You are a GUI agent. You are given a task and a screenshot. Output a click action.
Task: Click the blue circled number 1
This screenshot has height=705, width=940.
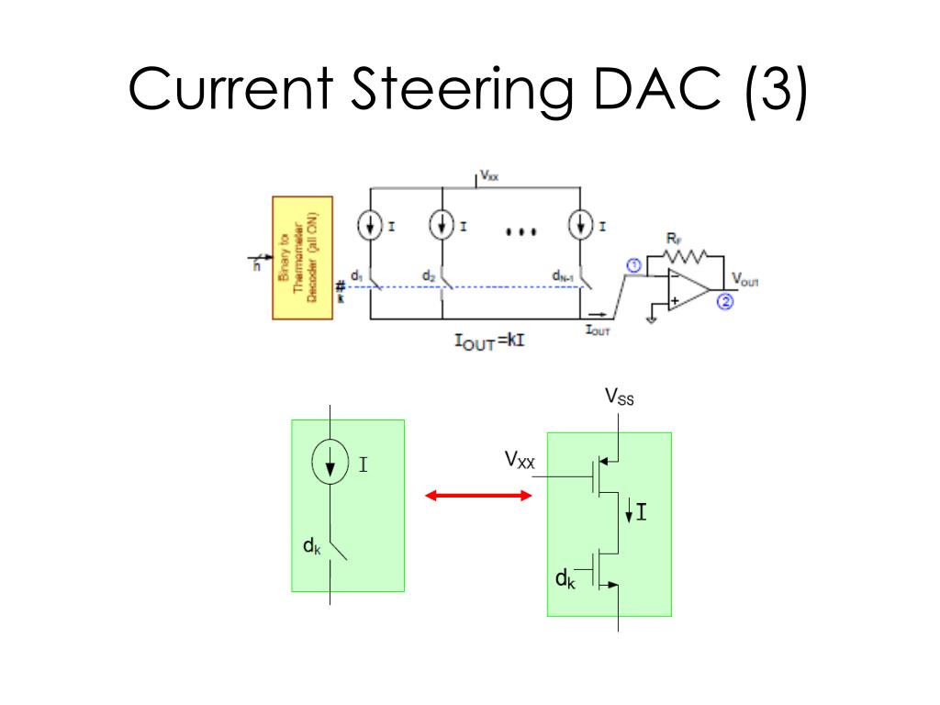[x=633, y=266]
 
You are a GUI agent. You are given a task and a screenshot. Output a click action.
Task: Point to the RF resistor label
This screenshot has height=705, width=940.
[x=673, y=240]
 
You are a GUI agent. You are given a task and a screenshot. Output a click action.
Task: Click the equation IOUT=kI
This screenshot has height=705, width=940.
[x=488, y=342]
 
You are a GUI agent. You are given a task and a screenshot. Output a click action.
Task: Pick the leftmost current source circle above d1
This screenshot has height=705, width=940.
[x=370, y=227]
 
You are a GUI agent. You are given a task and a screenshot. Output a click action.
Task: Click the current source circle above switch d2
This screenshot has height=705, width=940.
[x=442, y=227]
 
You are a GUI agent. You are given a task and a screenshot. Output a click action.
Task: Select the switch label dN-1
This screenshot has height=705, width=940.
[x=562, y=274]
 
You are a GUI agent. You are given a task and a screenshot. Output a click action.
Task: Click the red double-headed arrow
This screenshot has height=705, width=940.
[x=478, y=496]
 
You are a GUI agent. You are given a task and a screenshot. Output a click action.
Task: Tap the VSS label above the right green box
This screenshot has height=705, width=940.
[x=619, y=397]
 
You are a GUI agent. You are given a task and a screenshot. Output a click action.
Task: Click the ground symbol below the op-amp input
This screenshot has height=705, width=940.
[x=651, y=319]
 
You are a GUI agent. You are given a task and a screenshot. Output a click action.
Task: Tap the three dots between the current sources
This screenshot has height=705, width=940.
[x=520, y=232]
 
